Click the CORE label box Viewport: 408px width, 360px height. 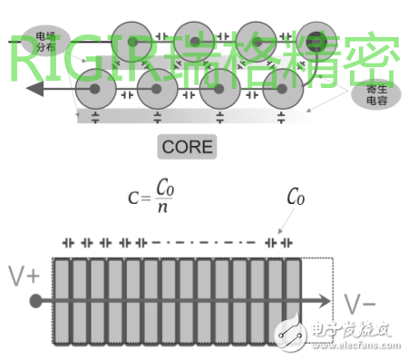pos(188,145)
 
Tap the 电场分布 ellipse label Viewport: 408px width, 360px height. pos(44,41)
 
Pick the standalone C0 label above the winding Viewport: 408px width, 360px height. pos(295,194)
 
